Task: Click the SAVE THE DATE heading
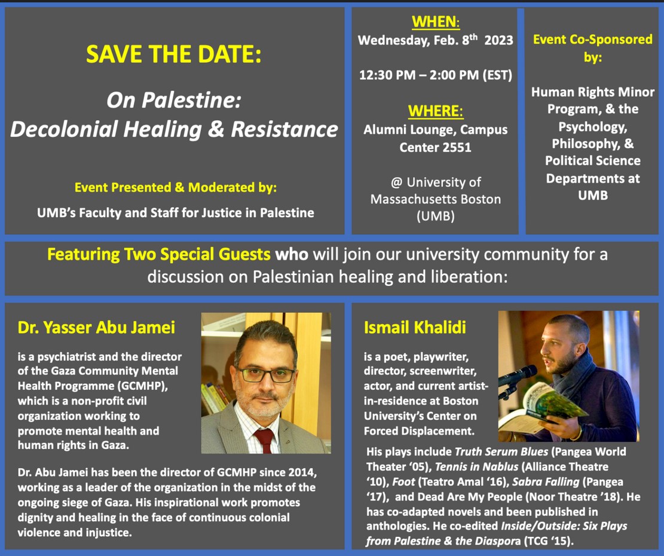click(174, 54)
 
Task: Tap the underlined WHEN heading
click(435, 22)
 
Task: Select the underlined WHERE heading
click(435, 111)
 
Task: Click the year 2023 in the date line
click(498, 40)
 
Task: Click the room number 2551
click(456, 147)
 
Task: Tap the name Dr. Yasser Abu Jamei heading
click(97, 328)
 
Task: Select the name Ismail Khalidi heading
click(415, 328)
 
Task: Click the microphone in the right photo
click(518, 376)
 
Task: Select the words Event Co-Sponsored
click(593, 39)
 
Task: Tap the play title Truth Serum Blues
click(501, 452)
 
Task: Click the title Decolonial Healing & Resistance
click(174, 129)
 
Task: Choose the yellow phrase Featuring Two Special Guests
click(159, 255)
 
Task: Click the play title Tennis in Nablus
click(477, 467)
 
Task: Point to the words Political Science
click(593, 161)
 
